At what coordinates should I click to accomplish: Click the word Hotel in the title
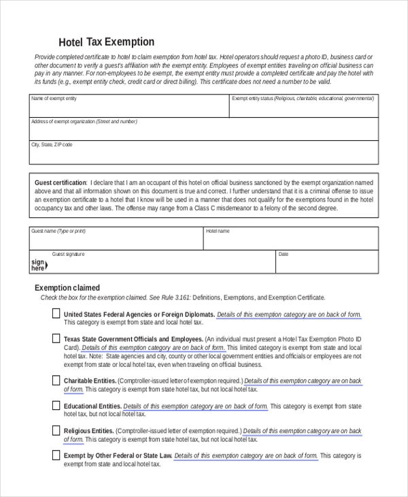70,42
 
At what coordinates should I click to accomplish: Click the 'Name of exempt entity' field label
54,99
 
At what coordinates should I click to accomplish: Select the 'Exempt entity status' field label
302,99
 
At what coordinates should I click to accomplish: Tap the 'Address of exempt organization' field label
84,122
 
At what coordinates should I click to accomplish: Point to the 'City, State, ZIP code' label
52,145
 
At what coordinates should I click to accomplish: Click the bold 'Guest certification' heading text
61,182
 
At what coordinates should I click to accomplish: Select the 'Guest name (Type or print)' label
58,231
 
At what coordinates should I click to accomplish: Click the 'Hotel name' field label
218,231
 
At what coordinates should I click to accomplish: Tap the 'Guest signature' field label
69,254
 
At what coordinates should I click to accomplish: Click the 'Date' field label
284,254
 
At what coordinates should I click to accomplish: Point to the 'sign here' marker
38,265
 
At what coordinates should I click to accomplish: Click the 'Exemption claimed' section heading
67,288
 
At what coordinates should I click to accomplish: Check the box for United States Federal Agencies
56,314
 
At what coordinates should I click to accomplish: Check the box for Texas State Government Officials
56,338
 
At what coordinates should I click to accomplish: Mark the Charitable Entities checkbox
56,381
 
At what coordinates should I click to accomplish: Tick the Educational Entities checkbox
56,406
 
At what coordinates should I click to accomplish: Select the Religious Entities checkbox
56,430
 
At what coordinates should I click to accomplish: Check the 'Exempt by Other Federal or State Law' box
56,455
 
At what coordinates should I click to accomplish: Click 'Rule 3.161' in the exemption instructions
175,298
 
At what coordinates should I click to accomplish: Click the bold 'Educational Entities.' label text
92,406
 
